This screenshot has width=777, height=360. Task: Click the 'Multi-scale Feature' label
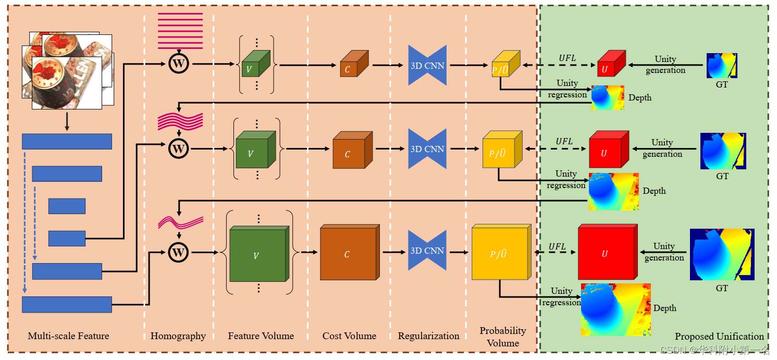(68, 336)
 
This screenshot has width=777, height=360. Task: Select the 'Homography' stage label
(178, 336)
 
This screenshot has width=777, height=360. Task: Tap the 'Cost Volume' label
(349, 336)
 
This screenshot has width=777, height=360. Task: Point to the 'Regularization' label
(428, 336)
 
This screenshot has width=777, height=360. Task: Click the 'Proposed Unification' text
(719, 337)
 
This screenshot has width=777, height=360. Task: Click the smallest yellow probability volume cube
(504, 65)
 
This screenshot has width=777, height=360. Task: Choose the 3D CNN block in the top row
(427, 65)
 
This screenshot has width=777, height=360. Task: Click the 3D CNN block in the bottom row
(427, 251)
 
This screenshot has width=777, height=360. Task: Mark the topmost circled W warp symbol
(179, 64)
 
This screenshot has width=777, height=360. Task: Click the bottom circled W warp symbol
(179, 253)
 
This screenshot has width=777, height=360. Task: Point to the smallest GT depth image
(722, 65)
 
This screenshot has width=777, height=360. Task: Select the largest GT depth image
(722, 254)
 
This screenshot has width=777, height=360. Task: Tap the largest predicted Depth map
(615, 309)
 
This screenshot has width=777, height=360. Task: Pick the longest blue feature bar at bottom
(67, 304)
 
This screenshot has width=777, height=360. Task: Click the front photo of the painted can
(66, 83)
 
